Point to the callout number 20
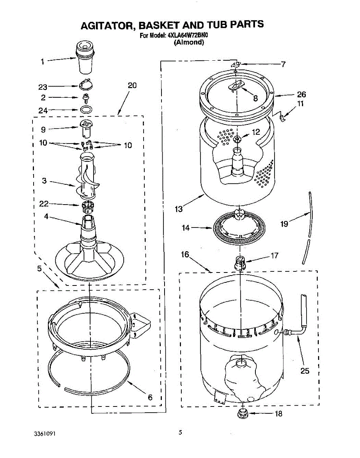pyautogui.click(x=132, y=85)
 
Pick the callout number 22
pyautogui.click(x=44, y=205)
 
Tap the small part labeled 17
pyautogui.click(x=239, y=263)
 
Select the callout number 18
pyautogui.click(x=279, y=413)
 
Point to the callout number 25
pyautogui.click(x=305, y=371)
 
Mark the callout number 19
pyautogui.click(x=284, y=224)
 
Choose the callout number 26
pyautogui.click(x=301, y=95)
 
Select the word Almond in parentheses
pyautogui.click(x=189, y=43)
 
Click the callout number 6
pyautogui.click(x=150, y=397)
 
